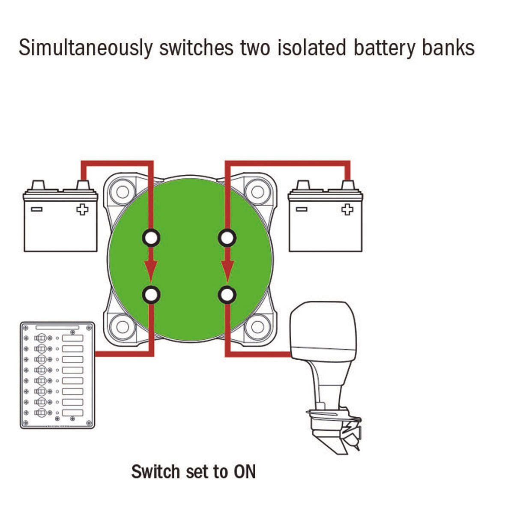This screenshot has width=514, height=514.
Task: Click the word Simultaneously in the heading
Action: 85,48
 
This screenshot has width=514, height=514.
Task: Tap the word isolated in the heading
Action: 312,48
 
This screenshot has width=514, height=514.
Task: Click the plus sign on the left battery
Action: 82,209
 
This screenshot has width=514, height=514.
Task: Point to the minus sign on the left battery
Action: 36,209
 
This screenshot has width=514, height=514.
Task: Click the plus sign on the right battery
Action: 347,209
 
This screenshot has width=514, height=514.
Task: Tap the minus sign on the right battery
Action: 302,209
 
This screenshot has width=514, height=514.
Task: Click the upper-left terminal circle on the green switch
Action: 151,237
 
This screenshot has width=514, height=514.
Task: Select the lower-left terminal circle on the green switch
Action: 151,295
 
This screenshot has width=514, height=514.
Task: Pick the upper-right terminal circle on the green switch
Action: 227,237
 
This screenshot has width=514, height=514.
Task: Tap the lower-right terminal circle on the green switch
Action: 227,295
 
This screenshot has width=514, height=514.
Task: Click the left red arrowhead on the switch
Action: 151,271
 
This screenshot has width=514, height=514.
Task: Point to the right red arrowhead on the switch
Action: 227,271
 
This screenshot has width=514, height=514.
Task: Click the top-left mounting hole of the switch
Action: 123,191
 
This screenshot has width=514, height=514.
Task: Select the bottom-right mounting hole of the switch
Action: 257,327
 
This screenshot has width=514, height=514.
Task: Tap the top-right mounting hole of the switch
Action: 257,191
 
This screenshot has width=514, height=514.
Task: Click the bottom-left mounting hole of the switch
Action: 123,327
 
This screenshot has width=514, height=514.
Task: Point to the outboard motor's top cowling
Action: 323,331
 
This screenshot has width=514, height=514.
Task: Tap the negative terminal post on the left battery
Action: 38,185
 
